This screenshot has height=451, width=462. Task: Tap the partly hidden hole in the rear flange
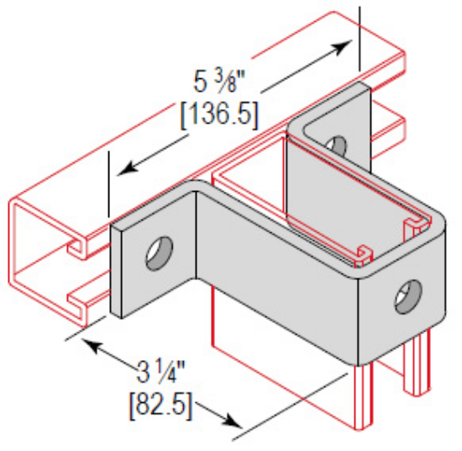point(335,144)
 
